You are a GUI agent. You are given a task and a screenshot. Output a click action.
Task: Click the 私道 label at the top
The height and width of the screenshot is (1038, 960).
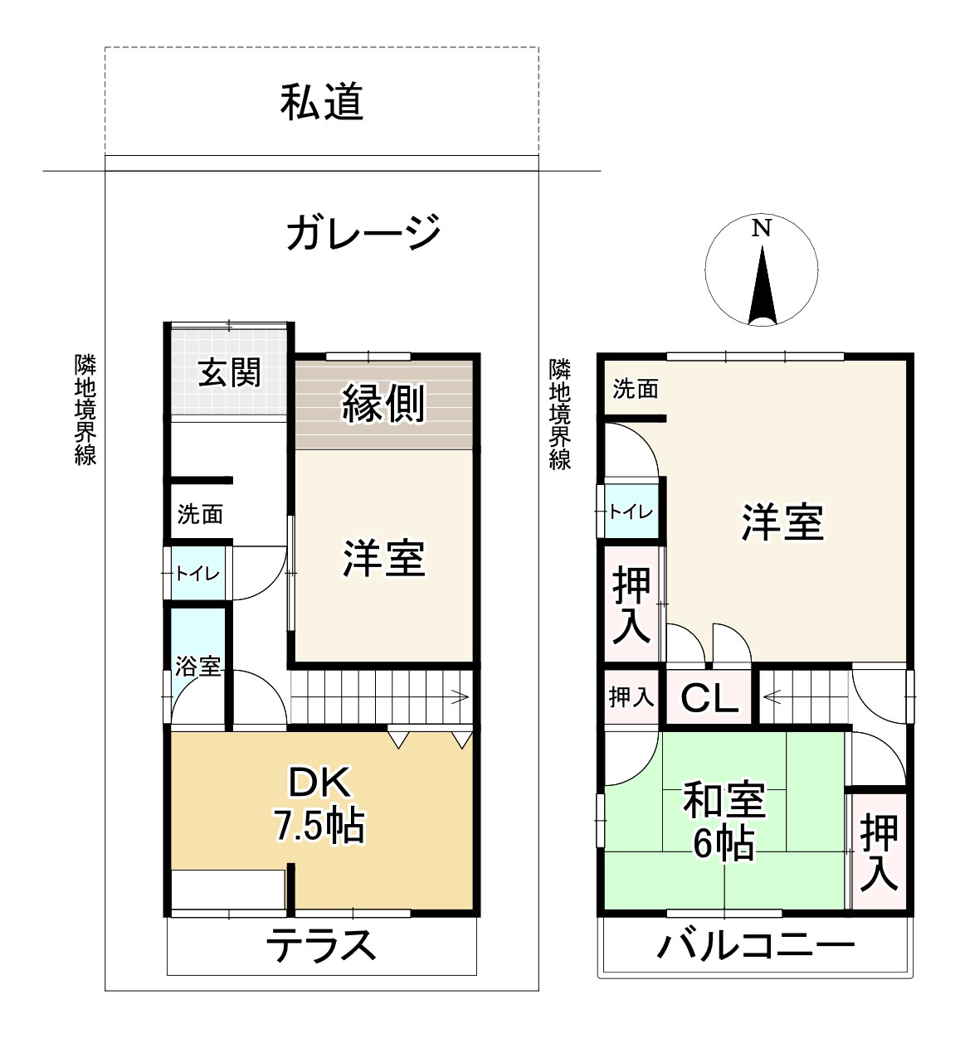(322, 103)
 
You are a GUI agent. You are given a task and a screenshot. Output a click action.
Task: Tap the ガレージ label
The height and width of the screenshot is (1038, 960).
(363, 232)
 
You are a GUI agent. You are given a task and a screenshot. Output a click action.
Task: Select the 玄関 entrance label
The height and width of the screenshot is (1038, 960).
(229, 372)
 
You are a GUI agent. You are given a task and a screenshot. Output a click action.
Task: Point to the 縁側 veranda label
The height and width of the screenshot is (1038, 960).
(384, 404)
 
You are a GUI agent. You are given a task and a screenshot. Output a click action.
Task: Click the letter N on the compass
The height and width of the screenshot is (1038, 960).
(761, 228)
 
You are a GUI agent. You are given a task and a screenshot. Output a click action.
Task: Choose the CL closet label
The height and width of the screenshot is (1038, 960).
(709, 699)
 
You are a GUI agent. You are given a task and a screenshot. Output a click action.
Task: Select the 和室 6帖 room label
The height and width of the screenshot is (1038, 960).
(724, 822)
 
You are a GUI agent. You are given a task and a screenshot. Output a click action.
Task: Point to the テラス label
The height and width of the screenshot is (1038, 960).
(322, 946)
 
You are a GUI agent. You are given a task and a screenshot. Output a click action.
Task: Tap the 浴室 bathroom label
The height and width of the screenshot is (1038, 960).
(197, 666)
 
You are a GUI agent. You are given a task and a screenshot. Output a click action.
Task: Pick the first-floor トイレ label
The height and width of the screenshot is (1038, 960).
(197, 573)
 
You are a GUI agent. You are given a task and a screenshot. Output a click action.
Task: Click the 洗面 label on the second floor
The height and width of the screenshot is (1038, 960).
(636, 388)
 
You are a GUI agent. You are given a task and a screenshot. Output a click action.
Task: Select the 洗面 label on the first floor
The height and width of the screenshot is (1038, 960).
(200, 514)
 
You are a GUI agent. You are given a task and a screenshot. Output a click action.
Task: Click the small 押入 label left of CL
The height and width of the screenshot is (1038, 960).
(631, 697)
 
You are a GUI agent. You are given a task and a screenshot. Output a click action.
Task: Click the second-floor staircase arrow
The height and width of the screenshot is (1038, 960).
(771, 697)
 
